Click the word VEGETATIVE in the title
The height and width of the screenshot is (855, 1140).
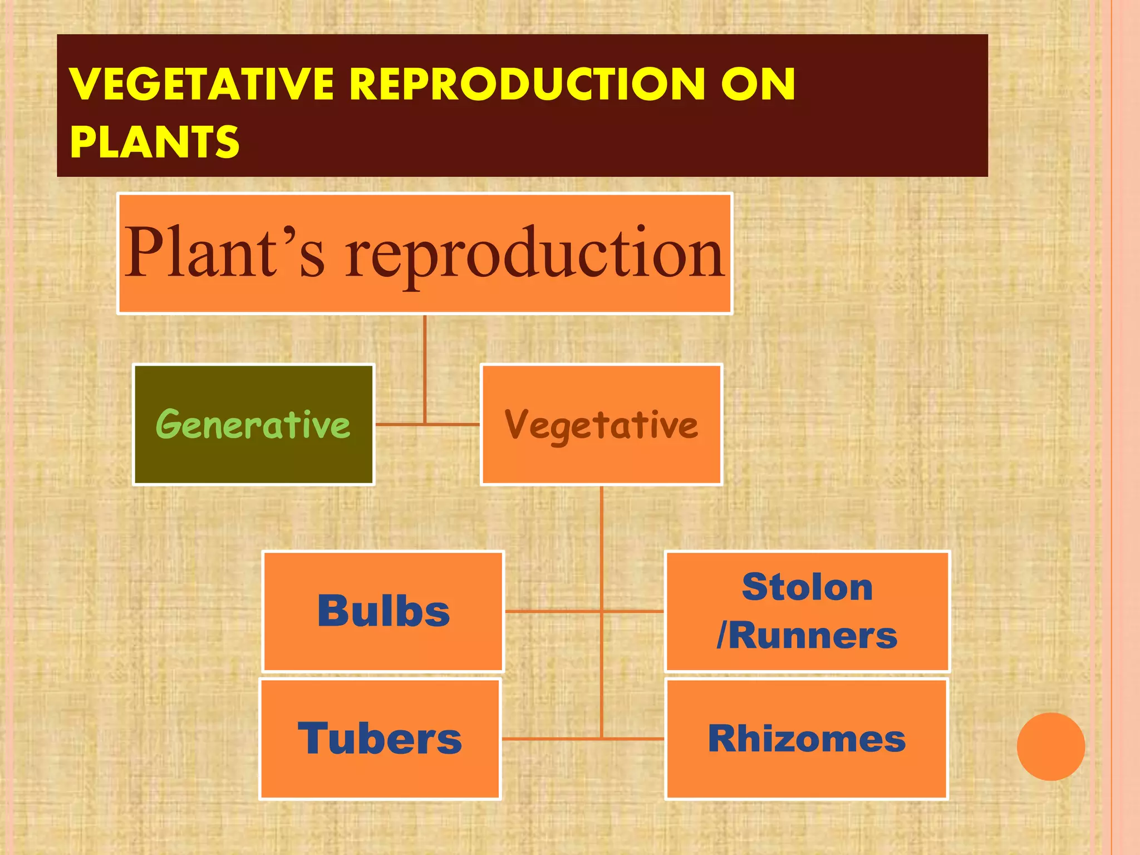tap(202, 84)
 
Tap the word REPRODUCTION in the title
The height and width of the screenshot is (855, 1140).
tap(526, 84)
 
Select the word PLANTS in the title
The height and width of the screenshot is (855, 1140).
tap(155, 141)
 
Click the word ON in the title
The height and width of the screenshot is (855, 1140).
tap(758, 84)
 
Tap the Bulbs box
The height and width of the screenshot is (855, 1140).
tap(383, 611)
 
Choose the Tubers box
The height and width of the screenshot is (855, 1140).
tap(380, 739)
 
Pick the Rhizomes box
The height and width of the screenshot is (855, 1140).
tap(806, 739)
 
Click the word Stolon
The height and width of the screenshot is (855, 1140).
tap(807, 587)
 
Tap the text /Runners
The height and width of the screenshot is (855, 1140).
tap(807, 635)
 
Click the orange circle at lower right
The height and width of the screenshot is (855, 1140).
tap(1050, 746)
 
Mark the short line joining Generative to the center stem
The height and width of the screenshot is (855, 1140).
tap(400, 424)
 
